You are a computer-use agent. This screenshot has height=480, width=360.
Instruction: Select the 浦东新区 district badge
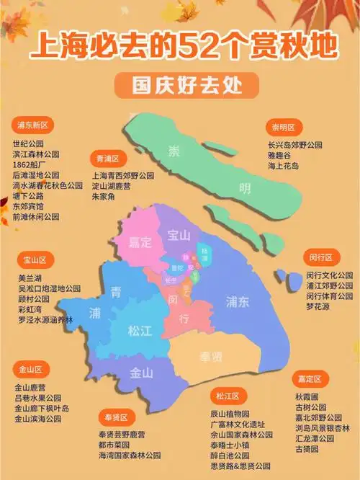[x=35, y=125]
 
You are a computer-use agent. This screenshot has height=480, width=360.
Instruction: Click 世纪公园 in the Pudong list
[x=28, y=144]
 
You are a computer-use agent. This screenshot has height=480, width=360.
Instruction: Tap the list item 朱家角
[x=106, y=196]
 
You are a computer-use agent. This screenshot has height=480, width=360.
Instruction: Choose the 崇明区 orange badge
[x=283, y=128]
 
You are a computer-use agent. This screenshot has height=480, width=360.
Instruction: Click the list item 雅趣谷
[x=280, y=154]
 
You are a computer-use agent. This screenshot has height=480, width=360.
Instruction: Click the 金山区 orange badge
[x=32, y=369]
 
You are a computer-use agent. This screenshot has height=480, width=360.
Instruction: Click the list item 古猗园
[x=307, y=449]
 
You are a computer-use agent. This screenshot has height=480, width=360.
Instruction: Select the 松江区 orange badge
[x=228, y=396]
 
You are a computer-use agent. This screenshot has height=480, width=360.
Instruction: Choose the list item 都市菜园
[x=114, y=445]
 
